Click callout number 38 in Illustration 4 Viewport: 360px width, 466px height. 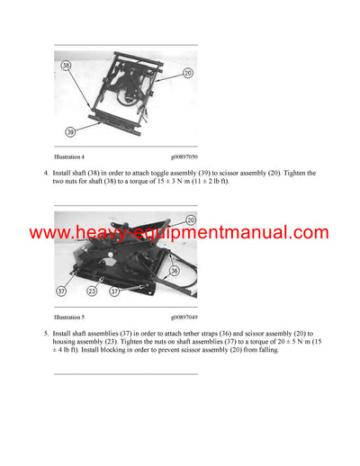[66, 65]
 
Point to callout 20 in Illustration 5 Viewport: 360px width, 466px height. [191, 219]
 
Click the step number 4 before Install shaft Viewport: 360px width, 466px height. [45, 172]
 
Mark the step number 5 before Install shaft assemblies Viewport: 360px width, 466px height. [45, 334]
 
